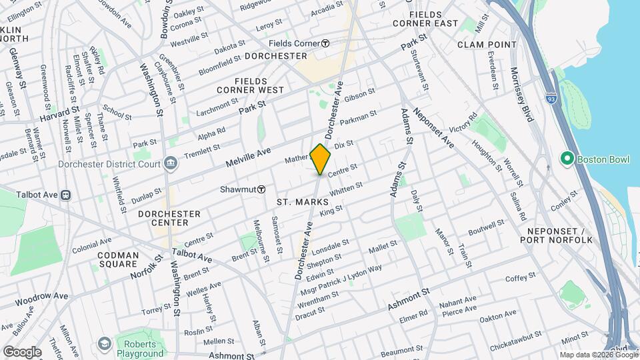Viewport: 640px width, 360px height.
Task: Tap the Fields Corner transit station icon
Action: (x=325, y=43)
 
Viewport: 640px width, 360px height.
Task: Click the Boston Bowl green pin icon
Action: (x=567, y=159)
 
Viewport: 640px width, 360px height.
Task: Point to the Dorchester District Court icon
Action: (x=171, y=163)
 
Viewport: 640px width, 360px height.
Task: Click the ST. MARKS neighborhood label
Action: (x=302, y=201)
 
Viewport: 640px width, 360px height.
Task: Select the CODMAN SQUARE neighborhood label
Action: (x=118, y=260)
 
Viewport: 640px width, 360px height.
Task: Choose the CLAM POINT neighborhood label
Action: (x=487, y=44)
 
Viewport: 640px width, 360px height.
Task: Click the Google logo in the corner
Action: (x=22, y=351)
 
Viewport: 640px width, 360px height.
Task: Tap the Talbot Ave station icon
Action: (x=66, y=195)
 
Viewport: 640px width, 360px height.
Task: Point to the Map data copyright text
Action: (x=598, y=355)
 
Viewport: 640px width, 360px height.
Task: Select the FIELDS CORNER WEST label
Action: (x=250, y=89)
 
